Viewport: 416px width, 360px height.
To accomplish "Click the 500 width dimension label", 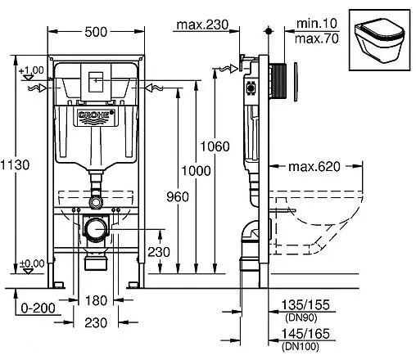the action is point(96,32).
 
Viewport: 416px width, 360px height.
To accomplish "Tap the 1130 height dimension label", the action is point(15,165).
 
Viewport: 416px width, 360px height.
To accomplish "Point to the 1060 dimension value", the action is point(215,146).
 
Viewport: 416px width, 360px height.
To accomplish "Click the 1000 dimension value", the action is point(196,171).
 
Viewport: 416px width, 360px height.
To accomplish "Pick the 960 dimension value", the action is point(178,196).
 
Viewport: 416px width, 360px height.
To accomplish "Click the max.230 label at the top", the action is point(202,25).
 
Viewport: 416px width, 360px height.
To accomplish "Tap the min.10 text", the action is point(317,24).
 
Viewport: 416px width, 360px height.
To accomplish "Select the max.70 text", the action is point(317,38).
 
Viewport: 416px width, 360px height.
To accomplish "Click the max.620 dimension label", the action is point(314,166).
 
